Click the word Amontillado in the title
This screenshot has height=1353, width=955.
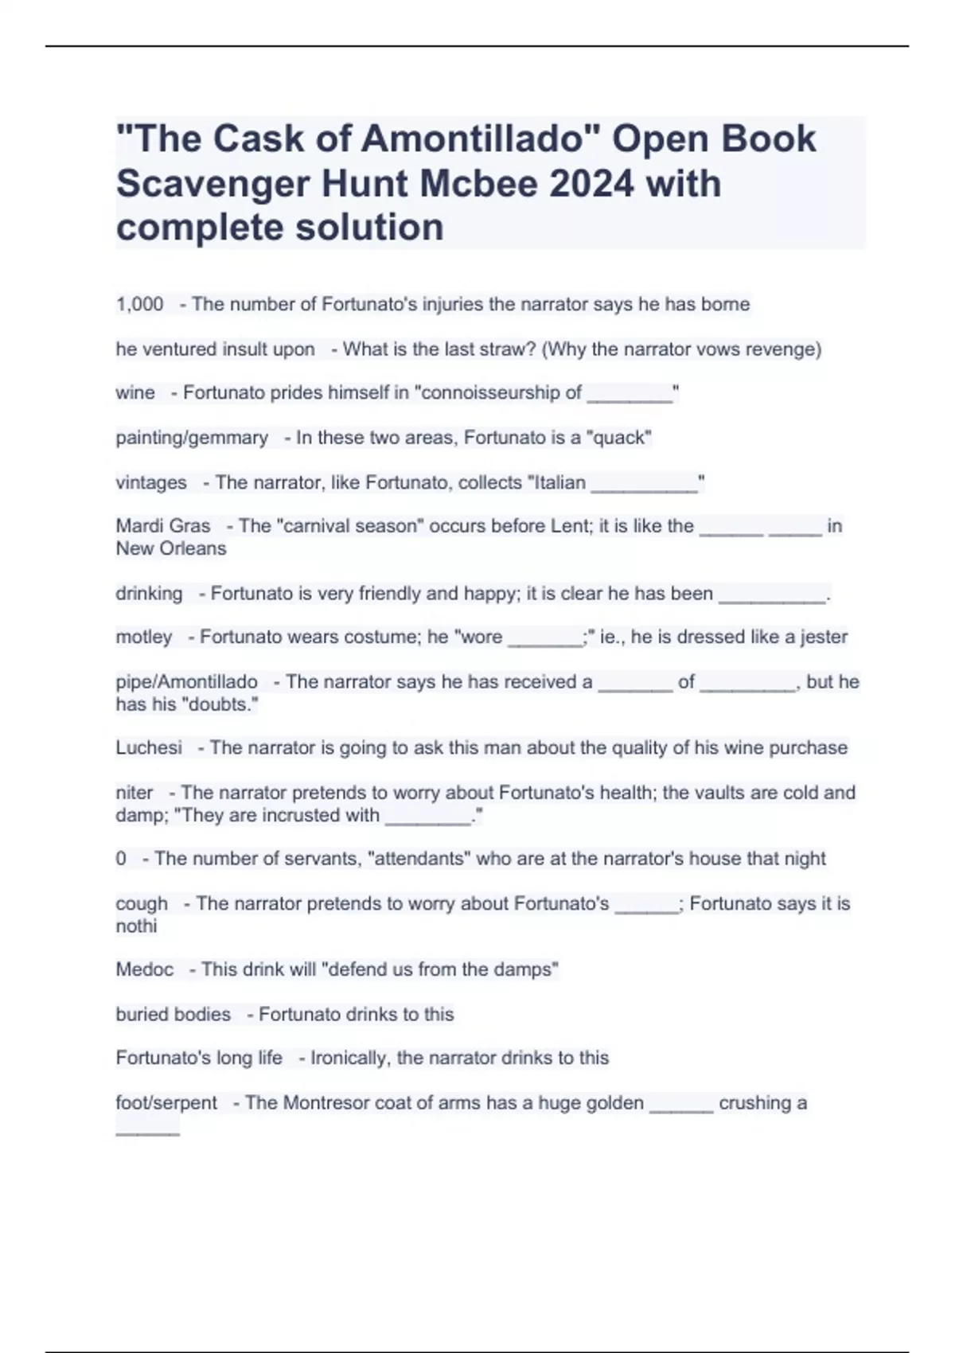tap(474, 139)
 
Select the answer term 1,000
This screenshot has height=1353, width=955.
tap(139, 304)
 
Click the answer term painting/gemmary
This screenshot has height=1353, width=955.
tap(192, 438)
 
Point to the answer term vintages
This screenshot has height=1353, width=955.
tap(151, 482)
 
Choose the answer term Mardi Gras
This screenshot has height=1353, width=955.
tap(163, 526)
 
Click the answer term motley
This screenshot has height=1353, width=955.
tap(144, 637)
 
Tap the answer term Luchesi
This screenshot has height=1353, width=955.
tap(149, 747)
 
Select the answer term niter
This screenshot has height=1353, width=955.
tap(134, 793)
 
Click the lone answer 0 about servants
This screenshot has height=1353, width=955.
tap(121, 859)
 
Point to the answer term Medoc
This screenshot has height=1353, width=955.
tap(145, 969)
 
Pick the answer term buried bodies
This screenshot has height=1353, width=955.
tap(173, 1014)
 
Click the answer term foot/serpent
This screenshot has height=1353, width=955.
tap(166, 1102)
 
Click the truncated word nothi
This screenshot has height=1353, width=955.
tap(136, 926)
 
